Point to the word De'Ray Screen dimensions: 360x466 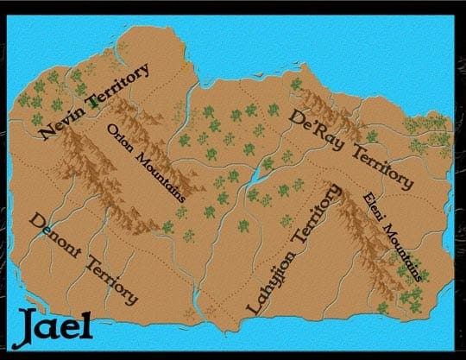[316, 126]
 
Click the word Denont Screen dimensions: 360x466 [56, 233]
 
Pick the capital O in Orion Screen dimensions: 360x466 [111, 130]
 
